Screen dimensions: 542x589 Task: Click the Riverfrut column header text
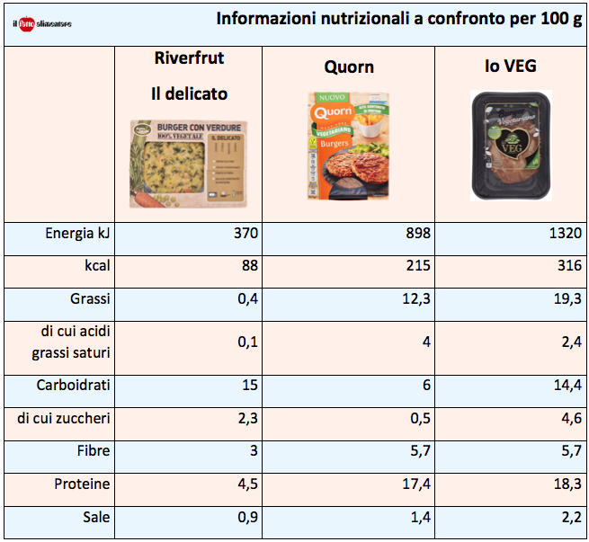point(189,59)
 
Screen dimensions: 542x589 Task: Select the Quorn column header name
point(349,67)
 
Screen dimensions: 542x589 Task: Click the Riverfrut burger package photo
point(188,164)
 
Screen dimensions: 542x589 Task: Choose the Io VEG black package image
point(509,147)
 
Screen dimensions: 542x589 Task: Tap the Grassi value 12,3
point(415,299)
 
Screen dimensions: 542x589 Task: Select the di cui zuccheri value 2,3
point(247,418)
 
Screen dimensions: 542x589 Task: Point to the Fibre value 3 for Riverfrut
point(254,451)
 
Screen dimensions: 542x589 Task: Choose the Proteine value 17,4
point(415,484)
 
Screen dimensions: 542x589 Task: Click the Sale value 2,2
point(568,518)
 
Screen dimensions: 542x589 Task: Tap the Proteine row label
point(81,484)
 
